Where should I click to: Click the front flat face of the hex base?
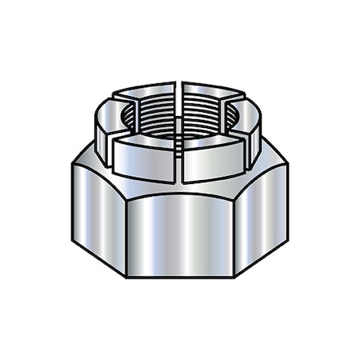coord(179,232)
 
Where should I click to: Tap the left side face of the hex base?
coord(98,216)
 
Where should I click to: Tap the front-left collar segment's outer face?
coord(144,160)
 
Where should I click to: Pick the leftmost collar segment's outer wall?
coord(102,132)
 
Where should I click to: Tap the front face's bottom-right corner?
coord(233,277)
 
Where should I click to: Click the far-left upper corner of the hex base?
coord(71,165)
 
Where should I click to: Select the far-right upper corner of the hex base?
coord(287,165)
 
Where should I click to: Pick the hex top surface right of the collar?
coord(268,164)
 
